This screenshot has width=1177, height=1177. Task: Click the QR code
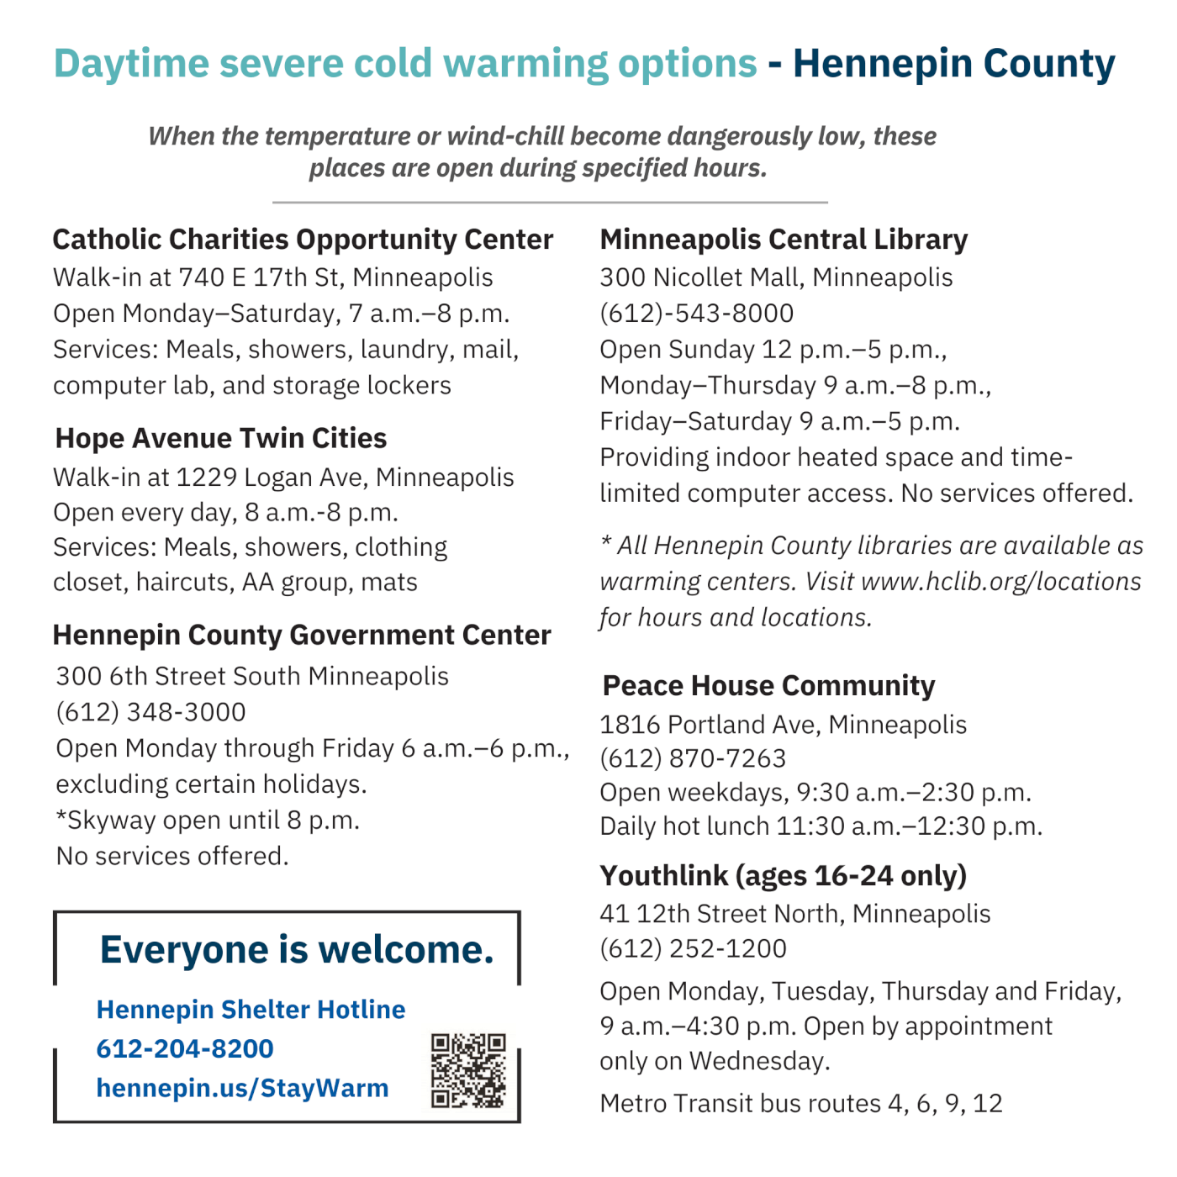point(468,1070)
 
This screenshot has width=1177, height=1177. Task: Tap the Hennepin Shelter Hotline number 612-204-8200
point(185,1048)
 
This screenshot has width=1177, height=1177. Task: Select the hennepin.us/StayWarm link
point(242,1088)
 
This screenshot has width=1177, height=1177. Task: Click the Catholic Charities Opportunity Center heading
point(303,240)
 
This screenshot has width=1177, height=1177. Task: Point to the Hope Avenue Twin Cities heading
point(221,438)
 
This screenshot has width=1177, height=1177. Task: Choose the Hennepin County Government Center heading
point(302,635)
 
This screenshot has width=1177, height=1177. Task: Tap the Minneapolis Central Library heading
point(784,240)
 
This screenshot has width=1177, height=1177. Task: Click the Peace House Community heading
point(768,686)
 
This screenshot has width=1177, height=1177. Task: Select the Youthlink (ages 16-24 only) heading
point(784,876)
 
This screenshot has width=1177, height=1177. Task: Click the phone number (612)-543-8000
point(697,314)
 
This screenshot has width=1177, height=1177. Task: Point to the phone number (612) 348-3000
point(151,712)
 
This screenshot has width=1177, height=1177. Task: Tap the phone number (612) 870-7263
point(693,758)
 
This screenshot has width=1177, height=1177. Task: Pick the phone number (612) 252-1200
point(693,948)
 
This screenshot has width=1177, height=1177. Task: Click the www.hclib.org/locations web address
point(1001,582)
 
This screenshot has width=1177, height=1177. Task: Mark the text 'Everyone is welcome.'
point(297,950)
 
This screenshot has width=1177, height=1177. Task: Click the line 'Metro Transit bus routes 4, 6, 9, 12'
point(801,1103)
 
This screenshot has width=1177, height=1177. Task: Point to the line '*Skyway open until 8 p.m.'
point(208,821)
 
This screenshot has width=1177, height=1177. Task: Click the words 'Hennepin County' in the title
point(953,64)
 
